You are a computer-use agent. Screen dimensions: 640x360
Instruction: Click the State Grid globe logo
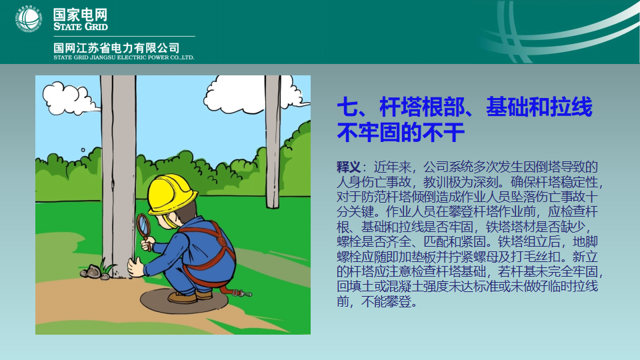pyautogui.click(x=28, y=19)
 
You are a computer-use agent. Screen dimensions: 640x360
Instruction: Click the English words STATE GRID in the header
pyautogui.click(x=81, y=27)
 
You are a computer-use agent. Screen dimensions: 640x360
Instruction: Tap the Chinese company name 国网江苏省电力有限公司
pyautogui.click(x=116, y=48)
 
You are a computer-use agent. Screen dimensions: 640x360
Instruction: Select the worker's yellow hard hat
pyautogui.click(x=172, y=194)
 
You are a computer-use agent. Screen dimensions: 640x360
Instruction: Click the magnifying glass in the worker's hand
pyautogui.click(x=144, y=227)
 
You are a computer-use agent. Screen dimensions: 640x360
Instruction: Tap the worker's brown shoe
pyautogui.click(x=183, y=297)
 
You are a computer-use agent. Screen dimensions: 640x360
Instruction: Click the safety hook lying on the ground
pyautogui.click(x=241, y=293)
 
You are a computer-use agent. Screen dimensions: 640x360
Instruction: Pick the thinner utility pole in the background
pyautogui.click(x=273, y=141)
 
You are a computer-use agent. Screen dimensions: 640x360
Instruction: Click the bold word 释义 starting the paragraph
pyautogui.click(x=348, y=167)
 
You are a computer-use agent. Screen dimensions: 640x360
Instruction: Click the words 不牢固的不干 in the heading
pyautogui.click(x=401, y=132)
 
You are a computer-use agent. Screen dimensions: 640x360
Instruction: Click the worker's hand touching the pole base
pyautogui.click(x=135, y=268)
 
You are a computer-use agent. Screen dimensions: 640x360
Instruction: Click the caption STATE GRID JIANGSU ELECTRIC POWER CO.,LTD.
pyautogui.click(x=124, y=57)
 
